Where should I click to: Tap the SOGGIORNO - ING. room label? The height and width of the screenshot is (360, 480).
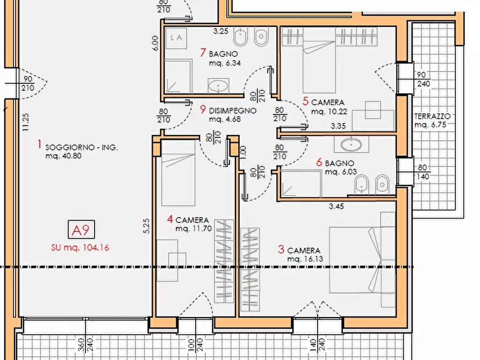tap(82, 147)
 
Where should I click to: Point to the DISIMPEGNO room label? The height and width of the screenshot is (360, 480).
tap(232, 111)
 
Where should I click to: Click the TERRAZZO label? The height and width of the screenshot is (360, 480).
tap(432, 116)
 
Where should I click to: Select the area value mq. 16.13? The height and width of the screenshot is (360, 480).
tap(304, 259)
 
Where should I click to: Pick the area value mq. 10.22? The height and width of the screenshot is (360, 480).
tap(327, 111)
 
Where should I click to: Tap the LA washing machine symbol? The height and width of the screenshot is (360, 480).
tap(176, 38)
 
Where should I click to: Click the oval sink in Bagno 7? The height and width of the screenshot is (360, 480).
tap(219, 85)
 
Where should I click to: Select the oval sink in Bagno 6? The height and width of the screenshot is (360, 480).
tap(353, 143)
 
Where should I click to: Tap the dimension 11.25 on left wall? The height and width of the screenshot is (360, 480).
tap(24, 121)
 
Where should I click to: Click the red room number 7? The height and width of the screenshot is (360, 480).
tap(203, 53)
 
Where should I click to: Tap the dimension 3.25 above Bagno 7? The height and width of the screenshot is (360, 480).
tap(221, 31)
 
